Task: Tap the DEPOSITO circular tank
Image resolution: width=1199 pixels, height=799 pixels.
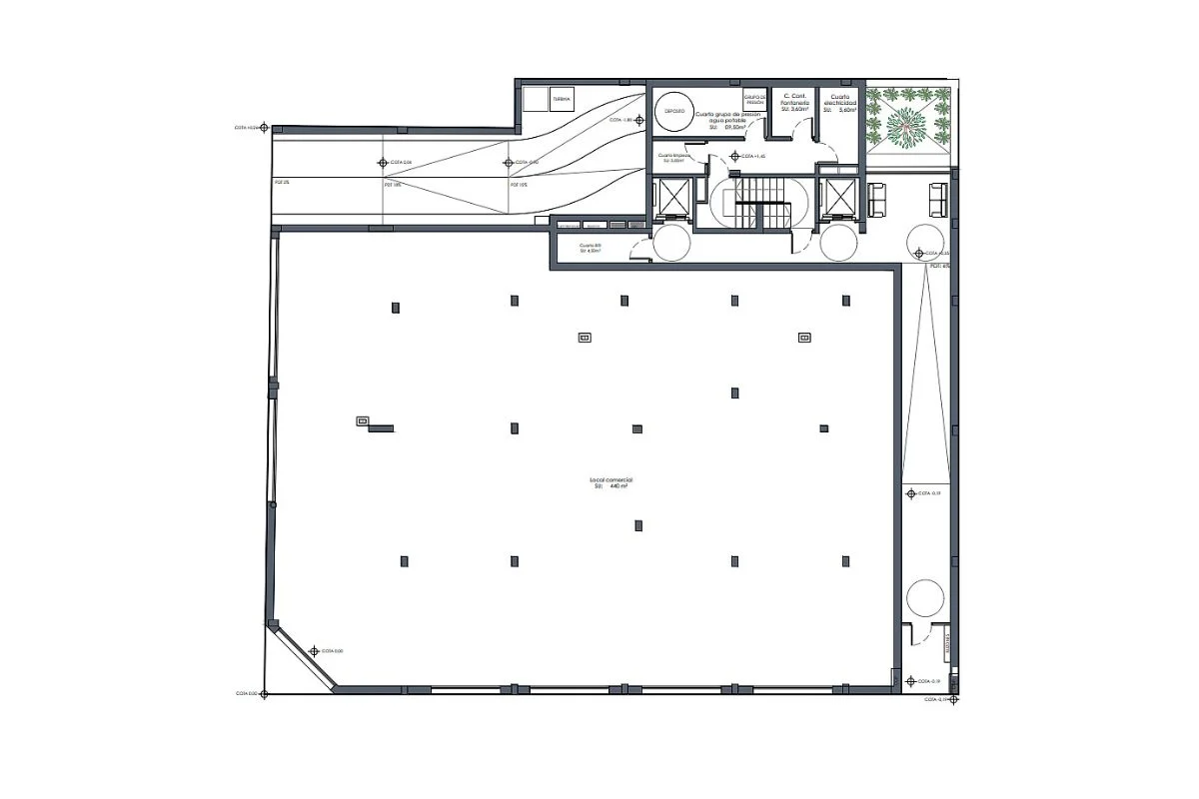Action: tap(674, 112)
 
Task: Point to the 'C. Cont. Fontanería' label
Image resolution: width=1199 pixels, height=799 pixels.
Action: tap(794, 102)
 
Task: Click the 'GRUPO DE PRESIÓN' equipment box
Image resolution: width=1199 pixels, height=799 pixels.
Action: tap(755, 101)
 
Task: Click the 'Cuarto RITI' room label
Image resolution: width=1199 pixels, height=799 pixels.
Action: tap(591, 248)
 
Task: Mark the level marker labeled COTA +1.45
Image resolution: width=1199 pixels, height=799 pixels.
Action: tap(735, 157)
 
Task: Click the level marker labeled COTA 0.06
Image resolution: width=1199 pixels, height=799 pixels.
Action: tap(381, 162)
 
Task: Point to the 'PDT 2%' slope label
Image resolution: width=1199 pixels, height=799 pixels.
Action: tap(281, 184)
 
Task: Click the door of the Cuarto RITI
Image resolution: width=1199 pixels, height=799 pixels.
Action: tap(637, 251)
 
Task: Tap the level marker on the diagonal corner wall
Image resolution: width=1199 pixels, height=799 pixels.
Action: tap(313, 651)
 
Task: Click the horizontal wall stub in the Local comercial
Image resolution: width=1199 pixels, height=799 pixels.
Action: tap(381, 428)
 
